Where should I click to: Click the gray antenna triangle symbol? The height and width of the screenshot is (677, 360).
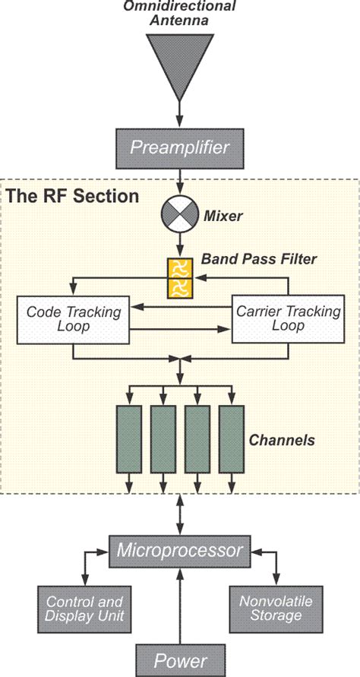(x=180, y=61)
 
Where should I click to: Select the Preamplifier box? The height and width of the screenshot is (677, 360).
(x=180, y=147)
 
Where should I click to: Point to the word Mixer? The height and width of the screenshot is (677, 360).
(x=223, y=217)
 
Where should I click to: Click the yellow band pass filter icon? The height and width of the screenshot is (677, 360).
(x=180, y=280)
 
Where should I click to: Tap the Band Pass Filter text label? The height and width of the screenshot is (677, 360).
(x=258, y=259)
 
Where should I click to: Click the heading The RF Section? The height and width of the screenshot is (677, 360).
(x=73, y=196)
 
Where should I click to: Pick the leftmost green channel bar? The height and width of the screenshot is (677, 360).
(x=128, y=438)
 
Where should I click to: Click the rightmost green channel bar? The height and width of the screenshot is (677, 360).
(x=232, y=438)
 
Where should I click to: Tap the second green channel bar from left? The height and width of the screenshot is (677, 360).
(x=163, y=438)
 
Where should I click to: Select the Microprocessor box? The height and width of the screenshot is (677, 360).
(x=180, y=549)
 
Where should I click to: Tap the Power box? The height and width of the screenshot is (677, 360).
(x=180, y=658)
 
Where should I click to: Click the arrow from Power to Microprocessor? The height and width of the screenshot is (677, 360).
(x=180, y=603)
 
